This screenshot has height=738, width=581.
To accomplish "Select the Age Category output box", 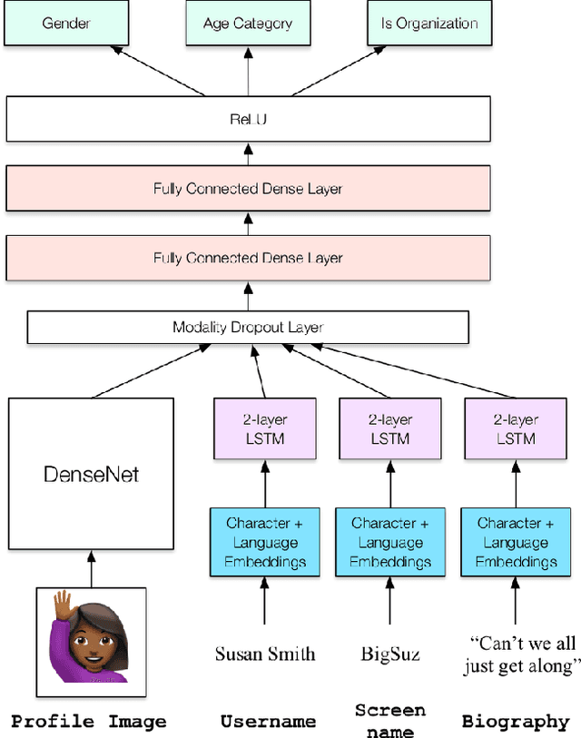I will point(248,23).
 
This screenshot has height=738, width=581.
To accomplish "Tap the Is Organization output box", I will point(429,23).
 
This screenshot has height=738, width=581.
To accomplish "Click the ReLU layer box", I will point(248,120).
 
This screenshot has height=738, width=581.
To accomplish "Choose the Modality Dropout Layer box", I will point(248,328).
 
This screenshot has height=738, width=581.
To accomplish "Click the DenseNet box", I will point(91,474).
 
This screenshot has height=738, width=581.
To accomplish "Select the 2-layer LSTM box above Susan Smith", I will point(264,429).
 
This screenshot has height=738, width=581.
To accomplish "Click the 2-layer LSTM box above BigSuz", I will point(389,429).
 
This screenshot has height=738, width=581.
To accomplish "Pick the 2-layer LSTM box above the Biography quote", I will point(516,429).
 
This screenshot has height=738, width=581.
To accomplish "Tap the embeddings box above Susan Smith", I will point(264,542).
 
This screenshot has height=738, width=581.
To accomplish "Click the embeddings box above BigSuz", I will point(389,542).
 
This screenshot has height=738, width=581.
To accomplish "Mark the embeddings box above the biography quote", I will point(516,542).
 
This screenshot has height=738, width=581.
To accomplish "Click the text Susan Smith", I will point(265,653).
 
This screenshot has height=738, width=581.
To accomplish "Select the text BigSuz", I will point(390,653).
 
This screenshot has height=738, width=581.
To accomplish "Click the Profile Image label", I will point(89,722).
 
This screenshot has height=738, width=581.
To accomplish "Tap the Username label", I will point(268,722).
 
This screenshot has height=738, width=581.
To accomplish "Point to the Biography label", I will point(515,722).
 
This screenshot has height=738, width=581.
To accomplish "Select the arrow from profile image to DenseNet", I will point(91,568).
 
